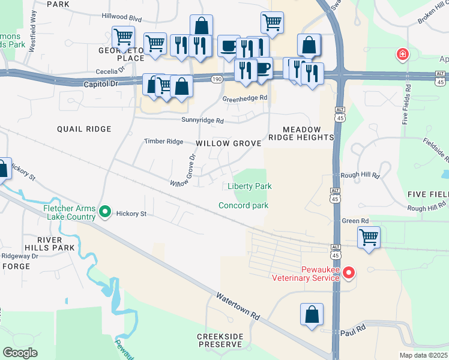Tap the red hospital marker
point(402,55)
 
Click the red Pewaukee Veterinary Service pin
point(348,273)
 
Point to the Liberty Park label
point(250,187)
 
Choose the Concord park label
point(243,205)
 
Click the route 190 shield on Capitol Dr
point(217,79)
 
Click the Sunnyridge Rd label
point(203,121)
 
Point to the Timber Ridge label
point(163,142)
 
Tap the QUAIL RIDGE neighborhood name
point(84,129)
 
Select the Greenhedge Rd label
point(244,99)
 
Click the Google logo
point(20,353)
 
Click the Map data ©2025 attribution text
point(423,355)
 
